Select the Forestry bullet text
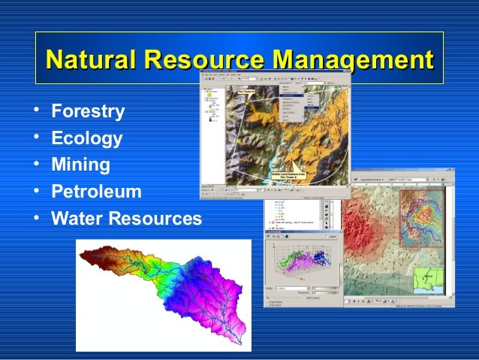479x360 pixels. click(88, 113)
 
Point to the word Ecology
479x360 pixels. click(86, 138)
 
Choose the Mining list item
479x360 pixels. click(80, 164)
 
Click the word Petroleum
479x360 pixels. click(96, 192)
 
